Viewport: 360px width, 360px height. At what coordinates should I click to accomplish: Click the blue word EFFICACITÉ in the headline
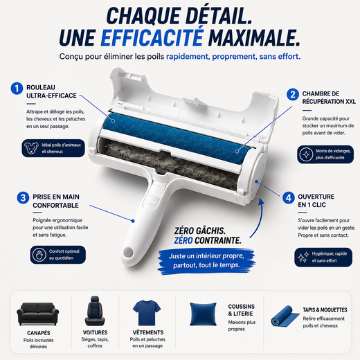point(152,37)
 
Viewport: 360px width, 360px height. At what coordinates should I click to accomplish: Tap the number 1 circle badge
point(17,89)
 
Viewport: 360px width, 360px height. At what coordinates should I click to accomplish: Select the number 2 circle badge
point(293,94)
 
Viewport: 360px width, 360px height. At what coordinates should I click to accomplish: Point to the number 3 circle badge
point(23,198)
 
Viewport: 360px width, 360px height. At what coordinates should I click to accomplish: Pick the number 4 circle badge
point(289,198)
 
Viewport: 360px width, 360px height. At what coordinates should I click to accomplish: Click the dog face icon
point(32,148)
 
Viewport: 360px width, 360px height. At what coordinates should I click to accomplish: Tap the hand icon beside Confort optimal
point(39,255)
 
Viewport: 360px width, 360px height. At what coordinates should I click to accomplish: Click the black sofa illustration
point(38,314)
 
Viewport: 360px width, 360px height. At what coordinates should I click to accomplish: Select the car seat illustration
point(95,311)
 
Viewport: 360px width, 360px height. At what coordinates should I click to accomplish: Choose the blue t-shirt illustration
point(147,312)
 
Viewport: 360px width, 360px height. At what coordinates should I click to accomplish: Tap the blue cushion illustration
point(203,314)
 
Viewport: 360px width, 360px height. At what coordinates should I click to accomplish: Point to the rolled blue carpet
point(285,316)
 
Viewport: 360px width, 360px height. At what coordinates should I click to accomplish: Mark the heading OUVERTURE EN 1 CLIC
point(316,201)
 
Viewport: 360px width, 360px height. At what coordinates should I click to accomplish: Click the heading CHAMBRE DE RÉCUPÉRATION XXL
point(329,98)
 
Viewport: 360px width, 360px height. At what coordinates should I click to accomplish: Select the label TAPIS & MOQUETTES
point(325,310)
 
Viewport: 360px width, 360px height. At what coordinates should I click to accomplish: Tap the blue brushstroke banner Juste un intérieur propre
point(206,261)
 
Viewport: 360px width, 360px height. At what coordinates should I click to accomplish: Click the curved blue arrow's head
point(261,201)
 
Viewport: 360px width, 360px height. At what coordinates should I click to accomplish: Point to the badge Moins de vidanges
point(325,154)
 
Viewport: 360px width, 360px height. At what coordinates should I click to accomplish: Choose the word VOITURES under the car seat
point(95,332)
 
